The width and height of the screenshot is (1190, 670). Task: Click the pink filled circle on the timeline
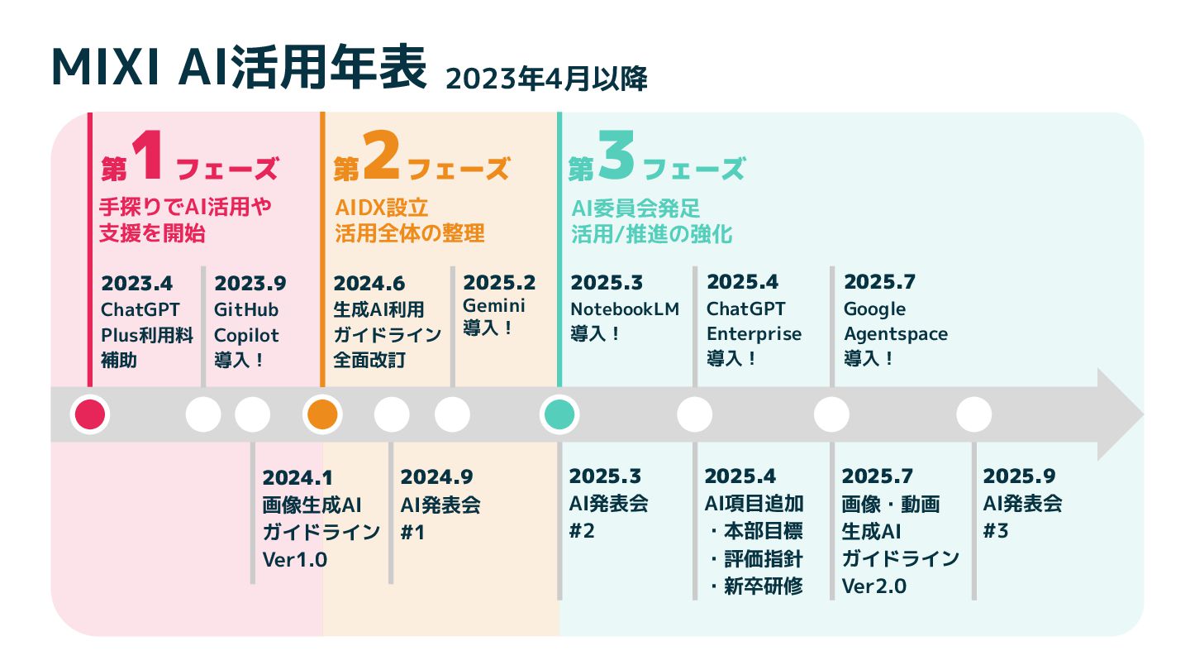coord(89,414)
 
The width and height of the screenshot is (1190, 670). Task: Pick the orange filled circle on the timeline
coord(321,414)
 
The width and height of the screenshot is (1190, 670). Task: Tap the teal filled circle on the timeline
coord(559,414)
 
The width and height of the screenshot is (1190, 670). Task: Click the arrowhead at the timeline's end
coord(1120,414)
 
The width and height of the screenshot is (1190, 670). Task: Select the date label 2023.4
coord(137,284)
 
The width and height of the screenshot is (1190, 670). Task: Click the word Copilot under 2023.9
coord(246,336)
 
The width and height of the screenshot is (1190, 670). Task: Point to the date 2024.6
coord(369,284)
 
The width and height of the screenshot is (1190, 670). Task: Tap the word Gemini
coord(494,305)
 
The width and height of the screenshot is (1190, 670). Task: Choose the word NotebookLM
coord(625,309)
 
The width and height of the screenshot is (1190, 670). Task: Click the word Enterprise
coord(754,334)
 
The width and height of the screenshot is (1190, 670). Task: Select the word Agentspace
coord(896,334)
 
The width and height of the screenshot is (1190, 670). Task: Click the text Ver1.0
coord(295,560)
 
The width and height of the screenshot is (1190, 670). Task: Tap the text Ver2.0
coord(874,586)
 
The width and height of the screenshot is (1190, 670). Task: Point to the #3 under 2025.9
coord(996,531)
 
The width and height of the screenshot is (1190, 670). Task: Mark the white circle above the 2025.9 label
coord(973,414)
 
